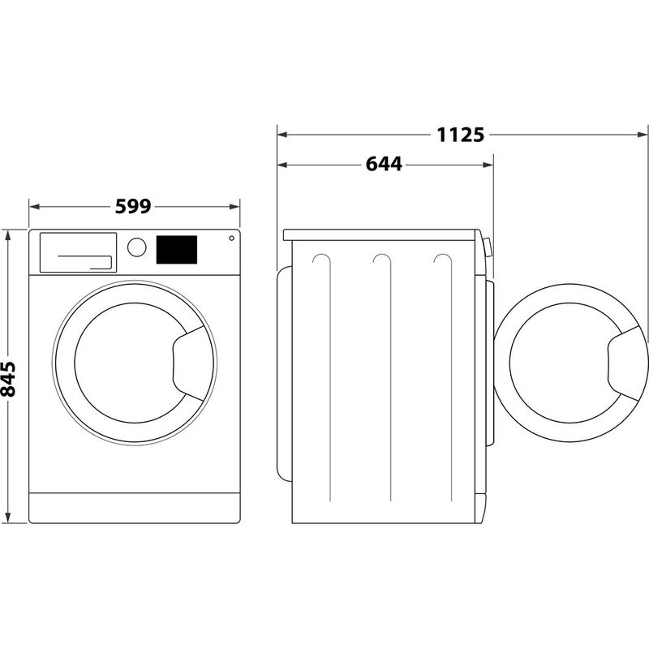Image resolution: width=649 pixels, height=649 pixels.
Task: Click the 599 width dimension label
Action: [133, 207]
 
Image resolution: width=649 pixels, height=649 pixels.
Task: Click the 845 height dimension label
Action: [9, 378]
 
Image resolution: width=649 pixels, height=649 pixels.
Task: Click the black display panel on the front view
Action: [177, 249]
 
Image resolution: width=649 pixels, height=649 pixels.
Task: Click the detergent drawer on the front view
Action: [76, 251]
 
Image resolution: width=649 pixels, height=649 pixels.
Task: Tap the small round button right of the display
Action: [232, 239]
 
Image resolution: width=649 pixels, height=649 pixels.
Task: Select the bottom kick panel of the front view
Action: [136, 505]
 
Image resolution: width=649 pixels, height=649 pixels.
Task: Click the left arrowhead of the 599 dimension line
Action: [33, 207]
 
